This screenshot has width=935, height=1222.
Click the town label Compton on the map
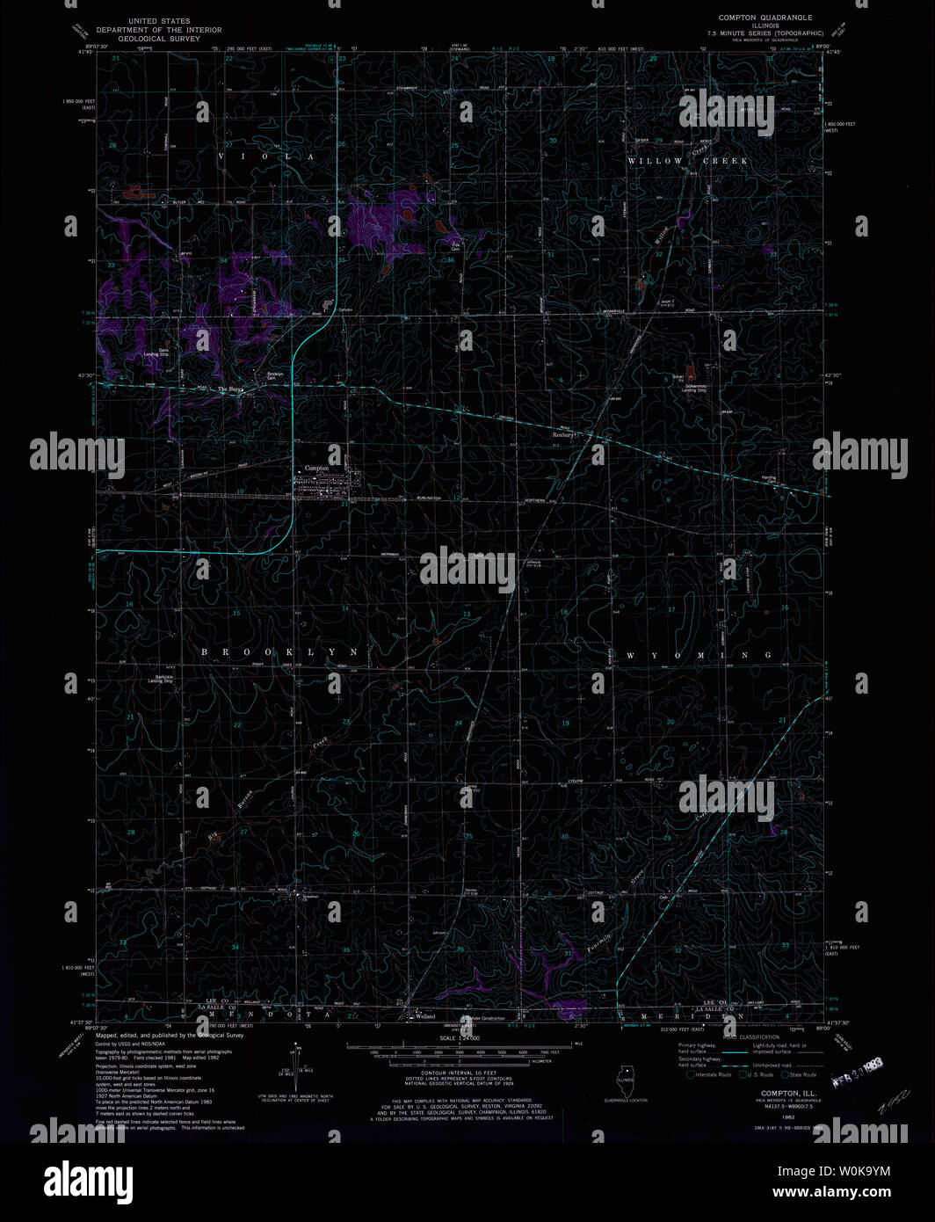tap(316, 469)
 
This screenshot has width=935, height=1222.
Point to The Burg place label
tap(230, 389)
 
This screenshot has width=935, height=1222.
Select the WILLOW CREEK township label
tap(688, 161)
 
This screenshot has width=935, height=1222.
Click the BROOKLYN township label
tap(280, 652)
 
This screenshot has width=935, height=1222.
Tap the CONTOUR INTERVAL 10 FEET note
tap(460, 1073)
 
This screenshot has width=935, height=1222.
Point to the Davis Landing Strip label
tap(163, 352)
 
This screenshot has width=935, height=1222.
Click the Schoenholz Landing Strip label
tap(694, 387)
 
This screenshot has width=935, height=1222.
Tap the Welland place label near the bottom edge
tap(425, 1016)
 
